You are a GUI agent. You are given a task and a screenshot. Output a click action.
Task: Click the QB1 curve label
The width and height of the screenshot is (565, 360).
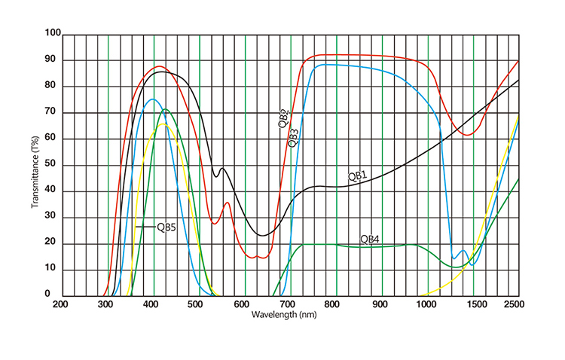(x=357, y=175)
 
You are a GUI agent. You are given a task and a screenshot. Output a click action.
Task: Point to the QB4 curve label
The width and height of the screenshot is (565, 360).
(x=369, y=239)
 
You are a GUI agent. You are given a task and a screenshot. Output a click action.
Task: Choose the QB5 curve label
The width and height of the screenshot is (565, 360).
(x=166, y=226)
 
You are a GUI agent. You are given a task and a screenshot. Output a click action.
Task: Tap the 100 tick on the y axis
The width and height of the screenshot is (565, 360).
(x=53, y=33)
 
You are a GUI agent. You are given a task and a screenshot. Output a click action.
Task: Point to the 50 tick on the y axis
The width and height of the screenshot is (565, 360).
(x=53, y=165)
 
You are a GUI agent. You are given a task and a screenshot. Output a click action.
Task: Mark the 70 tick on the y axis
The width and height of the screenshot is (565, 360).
(x=53, y=112)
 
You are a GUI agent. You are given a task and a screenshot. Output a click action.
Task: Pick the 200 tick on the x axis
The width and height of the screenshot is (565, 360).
(x=61, y=304)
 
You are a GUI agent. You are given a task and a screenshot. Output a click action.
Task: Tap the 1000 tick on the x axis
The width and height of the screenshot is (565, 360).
(x=426, y=304)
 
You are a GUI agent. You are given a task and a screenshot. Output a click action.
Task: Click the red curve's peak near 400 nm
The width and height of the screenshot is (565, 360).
(x=159, y=66)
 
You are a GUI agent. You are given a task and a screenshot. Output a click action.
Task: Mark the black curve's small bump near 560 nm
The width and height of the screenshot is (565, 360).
(x=222, y=169)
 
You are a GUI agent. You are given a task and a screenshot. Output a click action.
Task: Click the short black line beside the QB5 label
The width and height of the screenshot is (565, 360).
(x=145, y=226)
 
